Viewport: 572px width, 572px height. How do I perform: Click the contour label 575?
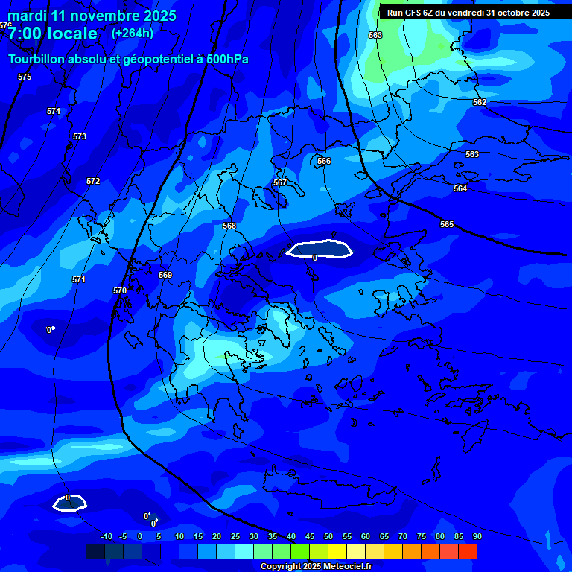25,77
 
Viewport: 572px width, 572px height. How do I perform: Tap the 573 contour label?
80,136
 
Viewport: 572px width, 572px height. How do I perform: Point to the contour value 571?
78,279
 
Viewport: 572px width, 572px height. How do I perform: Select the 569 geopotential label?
165,275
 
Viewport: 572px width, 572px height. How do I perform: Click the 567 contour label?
280,182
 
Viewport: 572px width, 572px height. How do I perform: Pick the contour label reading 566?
324,161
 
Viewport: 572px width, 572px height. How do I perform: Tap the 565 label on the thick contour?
447,224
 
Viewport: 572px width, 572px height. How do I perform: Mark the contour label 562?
480,102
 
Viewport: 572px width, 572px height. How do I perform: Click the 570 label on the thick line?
120,290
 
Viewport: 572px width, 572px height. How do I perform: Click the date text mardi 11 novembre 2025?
92,16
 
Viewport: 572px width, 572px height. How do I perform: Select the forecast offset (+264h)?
133,33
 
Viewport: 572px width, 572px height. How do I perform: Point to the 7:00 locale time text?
52,34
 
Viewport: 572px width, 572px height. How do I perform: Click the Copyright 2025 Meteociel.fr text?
316,567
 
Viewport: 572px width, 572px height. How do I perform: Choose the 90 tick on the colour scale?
477,536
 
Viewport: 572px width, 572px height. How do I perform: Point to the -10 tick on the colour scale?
106,536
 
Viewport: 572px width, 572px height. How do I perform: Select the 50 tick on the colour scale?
328,536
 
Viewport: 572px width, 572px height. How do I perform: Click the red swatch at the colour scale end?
467,551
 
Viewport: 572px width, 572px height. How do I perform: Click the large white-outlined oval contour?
320,249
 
